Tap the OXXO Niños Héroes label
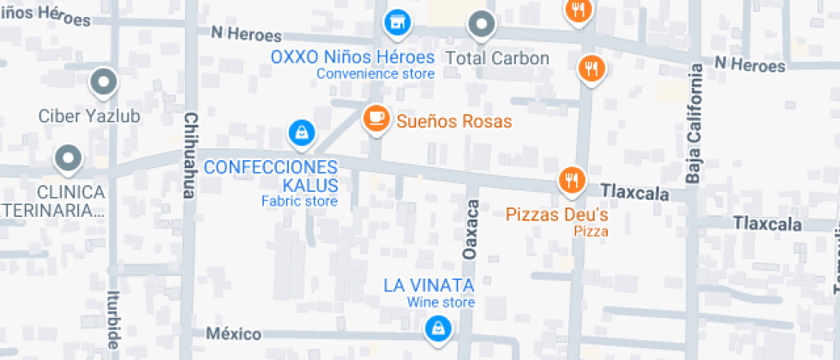[352, 57]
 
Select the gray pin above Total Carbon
[482, 24]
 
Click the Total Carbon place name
[498, 58]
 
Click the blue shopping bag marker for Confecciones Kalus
[301, 133]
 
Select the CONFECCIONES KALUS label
[271, 175]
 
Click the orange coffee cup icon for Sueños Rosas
[375, 117]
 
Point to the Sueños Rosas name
[454, 122]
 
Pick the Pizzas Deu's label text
[557, 214]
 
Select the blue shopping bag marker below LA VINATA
[438, 327]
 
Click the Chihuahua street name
[190, 154]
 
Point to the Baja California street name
[695, 129]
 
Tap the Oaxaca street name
[471, 231]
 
